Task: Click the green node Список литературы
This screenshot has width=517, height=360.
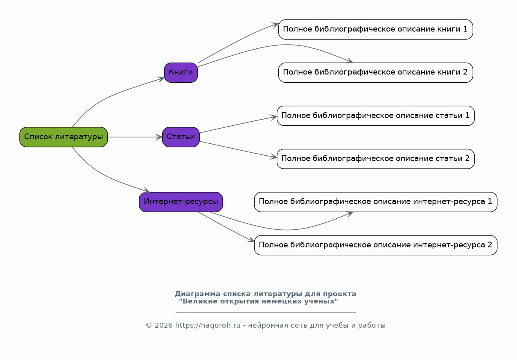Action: tap(63, 137)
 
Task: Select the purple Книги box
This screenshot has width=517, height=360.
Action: tap(181, 72)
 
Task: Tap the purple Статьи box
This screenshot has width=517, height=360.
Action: tap(181, 137)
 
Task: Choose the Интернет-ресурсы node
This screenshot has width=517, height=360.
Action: tap(181, 202)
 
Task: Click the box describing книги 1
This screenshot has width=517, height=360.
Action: tap(375, 29)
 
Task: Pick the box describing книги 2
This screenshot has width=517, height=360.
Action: tap(375, 72)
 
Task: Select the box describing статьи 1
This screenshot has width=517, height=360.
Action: tap(375, 115)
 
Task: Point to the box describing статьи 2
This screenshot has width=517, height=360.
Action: tap(375, 158)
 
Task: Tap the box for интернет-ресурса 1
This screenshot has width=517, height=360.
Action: tap(375, 202)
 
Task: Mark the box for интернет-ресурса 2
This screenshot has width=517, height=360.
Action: tap(375, 245)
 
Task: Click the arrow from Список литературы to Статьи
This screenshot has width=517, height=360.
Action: tap(135, 137)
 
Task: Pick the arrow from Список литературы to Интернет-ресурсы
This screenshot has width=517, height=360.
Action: tap(104, 176)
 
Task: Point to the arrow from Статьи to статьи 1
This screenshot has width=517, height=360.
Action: tap(238, 125)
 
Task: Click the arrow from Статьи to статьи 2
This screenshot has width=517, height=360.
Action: tap(238, 149)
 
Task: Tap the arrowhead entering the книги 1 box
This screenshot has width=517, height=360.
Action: tap(275, 25)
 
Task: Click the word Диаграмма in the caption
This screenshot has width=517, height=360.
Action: tap(198, 294)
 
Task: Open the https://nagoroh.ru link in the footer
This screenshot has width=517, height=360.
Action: tap(208, 325)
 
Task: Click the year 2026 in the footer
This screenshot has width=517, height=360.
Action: tap(164, 325)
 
